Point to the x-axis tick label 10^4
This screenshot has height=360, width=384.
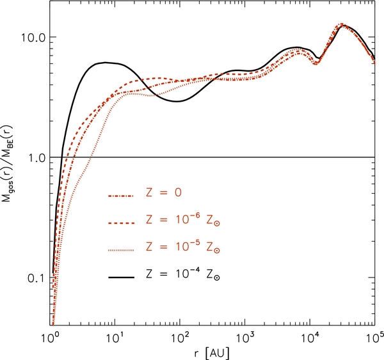(310, 336)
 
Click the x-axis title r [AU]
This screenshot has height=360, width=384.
(212, 351)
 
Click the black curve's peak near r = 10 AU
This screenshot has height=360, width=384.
(106, 62)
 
